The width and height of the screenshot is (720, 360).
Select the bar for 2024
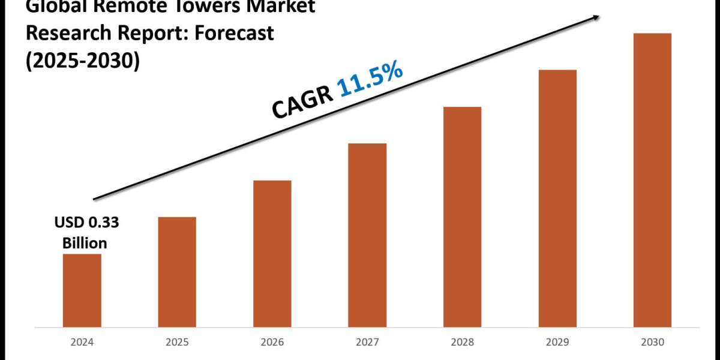point(82,290)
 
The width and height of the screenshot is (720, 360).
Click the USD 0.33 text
point(87,223)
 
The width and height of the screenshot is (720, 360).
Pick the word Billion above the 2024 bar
point(85,243)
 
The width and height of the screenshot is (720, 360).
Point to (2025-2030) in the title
point(82,61)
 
